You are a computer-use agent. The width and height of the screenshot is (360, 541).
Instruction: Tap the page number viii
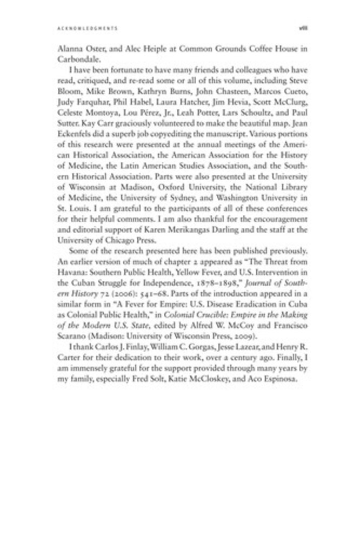tap(304, 27)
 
